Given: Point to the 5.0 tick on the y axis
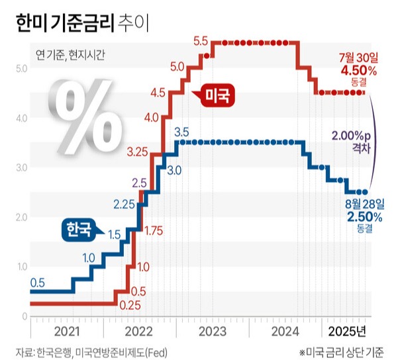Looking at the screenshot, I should (x=20, y=68).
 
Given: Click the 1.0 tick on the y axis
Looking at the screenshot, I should (x=20, y=267).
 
